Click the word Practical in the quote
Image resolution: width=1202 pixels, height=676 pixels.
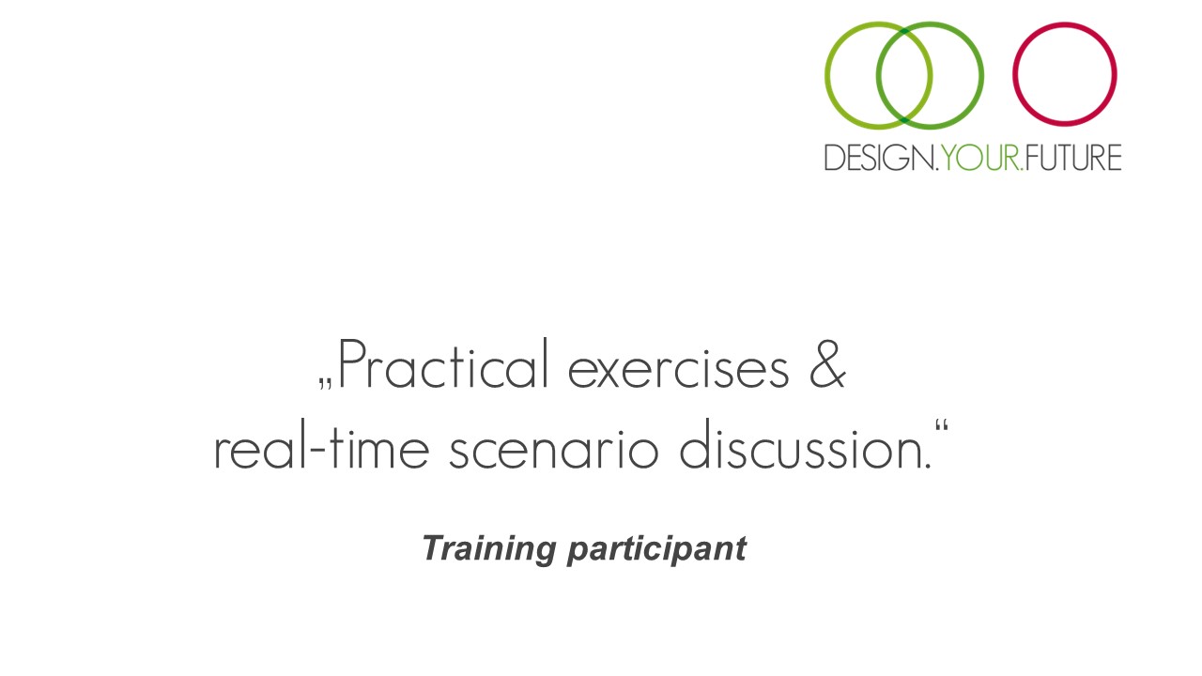click(443, 363)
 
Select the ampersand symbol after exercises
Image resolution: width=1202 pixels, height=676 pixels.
click(827, 363)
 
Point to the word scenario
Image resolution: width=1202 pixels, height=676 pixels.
click(553, 450)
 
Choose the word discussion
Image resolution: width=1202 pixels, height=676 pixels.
click(805, 444)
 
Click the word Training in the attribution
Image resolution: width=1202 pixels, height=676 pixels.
click(489, 549)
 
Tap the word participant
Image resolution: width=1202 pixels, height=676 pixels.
click(656, 550)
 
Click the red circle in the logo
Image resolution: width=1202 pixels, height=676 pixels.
click(1065, 23)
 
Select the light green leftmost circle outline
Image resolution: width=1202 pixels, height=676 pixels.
click(825, 76)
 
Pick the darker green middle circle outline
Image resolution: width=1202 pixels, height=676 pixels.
click(982, 76)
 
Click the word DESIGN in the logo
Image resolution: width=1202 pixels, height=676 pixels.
click(879, 157)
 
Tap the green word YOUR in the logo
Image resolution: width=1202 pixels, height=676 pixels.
click(980, 157)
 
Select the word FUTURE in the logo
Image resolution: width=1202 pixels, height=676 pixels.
click(1073, 157)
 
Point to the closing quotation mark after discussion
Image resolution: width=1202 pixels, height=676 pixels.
click(941, 426)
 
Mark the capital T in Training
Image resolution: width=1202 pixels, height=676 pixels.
click(435, 547)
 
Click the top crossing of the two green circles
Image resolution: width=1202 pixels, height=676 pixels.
click(904, 31)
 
